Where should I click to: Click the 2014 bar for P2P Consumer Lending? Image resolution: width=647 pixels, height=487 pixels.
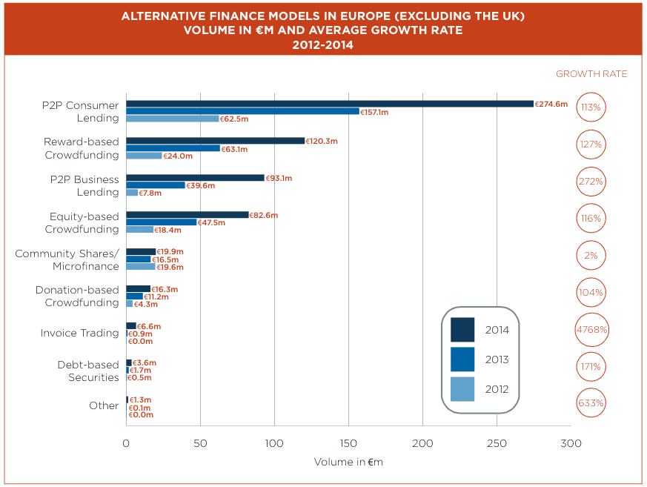pos(330,104)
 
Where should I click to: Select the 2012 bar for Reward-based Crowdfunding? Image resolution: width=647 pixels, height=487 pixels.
pos(144,156)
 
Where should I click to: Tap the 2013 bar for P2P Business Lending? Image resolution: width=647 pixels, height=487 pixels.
pos(156,185)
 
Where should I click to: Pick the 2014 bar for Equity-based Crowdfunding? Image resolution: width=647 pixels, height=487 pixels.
pos(188,215)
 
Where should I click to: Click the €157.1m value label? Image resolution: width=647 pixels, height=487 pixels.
pos(374,112)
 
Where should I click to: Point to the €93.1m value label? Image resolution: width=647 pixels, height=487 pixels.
pos(279,178)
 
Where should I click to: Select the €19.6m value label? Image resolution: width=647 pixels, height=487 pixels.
pos(170,267)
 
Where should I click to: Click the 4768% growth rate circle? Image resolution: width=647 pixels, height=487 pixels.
pos(591,329)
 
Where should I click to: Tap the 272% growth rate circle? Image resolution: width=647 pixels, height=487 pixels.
pos(591,181)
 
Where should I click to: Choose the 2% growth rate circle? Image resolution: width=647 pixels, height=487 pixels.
pos(591,255)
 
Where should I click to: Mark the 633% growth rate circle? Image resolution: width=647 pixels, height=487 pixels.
pos(591,403)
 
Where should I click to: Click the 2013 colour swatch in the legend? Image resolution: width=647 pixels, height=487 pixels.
pos(462,359)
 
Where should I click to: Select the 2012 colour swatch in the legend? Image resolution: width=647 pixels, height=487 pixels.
pos(462,389)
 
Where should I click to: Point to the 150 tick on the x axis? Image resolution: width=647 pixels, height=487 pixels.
pos(348,443)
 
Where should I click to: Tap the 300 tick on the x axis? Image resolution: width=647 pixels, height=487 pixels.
pos(571,443)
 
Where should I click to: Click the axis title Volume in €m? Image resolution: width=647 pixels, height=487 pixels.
pos(348,463)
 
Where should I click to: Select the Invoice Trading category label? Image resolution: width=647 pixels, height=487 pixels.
pos(79,333)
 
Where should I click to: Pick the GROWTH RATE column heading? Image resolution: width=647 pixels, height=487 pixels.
pos(591,74)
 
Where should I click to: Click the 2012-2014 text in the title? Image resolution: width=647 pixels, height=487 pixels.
pos(323,44)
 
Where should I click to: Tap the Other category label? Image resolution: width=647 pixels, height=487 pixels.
pos(104,405)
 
